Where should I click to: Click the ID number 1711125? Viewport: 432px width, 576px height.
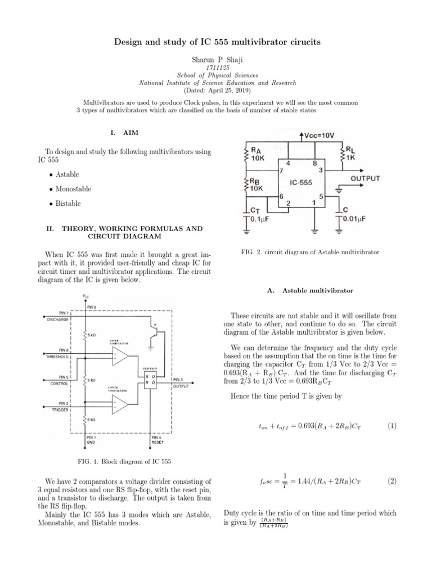click(215, 66)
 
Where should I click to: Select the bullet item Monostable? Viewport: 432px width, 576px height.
click(73, 189)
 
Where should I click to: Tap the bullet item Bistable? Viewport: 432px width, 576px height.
click(68, 204)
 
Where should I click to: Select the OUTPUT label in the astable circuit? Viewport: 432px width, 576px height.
click(365, 178)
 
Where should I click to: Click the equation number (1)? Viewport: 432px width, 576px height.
click(392, 426)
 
